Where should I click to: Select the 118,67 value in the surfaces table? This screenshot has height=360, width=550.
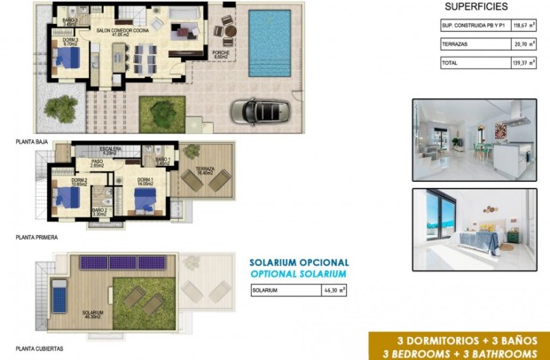513,25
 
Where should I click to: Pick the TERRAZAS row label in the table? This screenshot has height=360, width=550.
458,43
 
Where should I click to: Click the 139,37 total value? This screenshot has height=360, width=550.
513,63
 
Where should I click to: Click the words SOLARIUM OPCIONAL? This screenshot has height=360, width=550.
299,263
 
